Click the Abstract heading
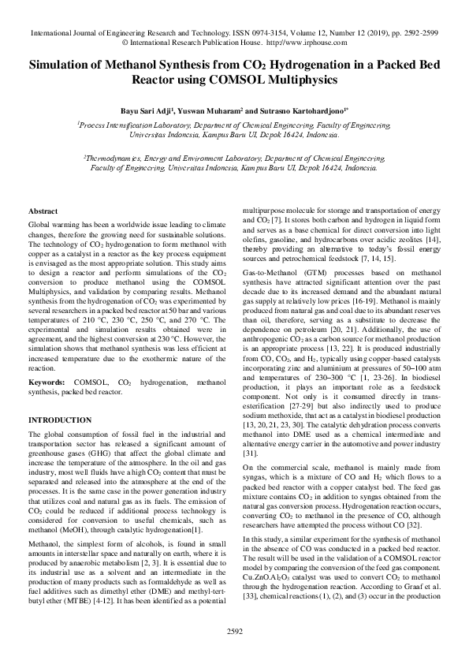pyautogui.click(x=43, y=212)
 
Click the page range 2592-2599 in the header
pyautogui.click(x=415, y=34)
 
